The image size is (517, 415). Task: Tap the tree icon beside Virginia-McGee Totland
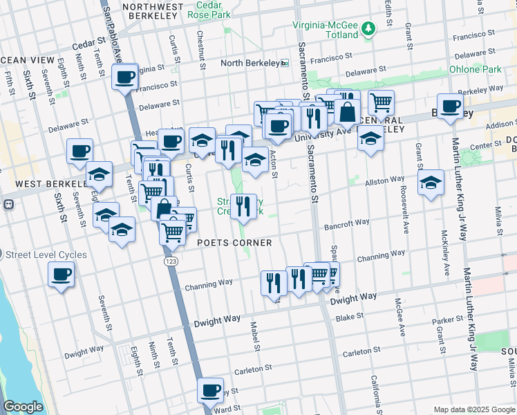pyautogui.click(x=369, y=28)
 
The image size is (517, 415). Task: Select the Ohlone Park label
pyautogui.click(x=475, y=69)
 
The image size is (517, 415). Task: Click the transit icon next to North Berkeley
pyautogui.click(x=285, y=63)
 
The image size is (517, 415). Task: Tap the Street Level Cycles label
pyautogui.click(x=47, y=255)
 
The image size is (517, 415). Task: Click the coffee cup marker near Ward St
pyautogui.click(x=211, y=390)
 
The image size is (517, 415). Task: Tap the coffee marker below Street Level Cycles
pyautogui.click(x=61, y=275)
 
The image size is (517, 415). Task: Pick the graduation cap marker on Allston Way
pyautogui.click(x=431, y=183)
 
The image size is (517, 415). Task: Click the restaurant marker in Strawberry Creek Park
pyautogui.click(x=243, y=206)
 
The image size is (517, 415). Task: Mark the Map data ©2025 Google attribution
pyautogui.click(x=473, y=409)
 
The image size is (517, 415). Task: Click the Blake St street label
pyautogui.click(x=348, y=318)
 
